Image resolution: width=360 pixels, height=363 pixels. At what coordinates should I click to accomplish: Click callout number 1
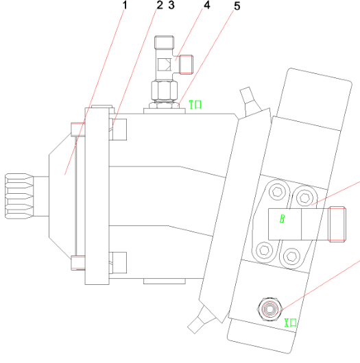(x=125, y=5)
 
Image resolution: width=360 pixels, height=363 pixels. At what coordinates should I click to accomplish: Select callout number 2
(x=160, y=5)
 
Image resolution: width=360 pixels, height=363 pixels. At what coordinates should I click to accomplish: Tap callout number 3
(x=171, y=5)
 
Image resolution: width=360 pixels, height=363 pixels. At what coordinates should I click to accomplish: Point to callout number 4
(x=207, y=5)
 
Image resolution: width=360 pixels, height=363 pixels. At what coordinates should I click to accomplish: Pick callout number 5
(x=237, y=6)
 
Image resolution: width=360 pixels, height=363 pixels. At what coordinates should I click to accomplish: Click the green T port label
(x=195, y=104)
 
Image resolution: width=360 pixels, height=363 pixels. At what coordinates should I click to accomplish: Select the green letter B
(x=282, y=218)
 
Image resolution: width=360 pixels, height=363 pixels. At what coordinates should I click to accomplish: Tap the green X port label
(x=291, y=323)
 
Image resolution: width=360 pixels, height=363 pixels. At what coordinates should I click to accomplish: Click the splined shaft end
(x=19, y=196)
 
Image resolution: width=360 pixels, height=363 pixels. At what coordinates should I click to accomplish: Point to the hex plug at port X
(x=269, y=310)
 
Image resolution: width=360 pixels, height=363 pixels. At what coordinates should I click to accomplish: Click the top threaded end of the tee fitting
(x=164, y=42)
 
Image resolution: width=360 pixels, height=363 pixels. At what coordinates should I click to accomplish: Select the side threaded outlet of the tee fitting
(x=186, y=64)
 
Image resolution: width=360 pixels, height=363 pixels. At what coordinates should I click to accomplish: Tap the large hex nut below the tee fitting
(x=165, y=90)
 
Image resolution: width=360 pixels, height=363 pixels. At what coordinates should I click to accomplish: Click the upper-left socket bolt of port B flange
(x=277, y=192)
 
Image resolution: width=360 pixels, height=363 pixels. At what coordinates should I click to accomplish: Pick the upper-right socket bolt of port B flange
(x=304, y=198)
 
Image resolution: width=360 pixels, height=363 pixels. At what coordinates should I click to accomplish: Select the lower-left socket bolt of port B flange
(x=265, y=250)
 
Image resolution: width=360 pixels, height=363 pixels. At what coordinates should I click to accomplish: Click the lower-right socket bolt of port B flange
(x=291, y=256)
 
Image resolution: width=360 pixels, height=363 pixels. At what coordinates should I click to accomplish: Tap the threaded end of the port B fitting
(x=337, y=225)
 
